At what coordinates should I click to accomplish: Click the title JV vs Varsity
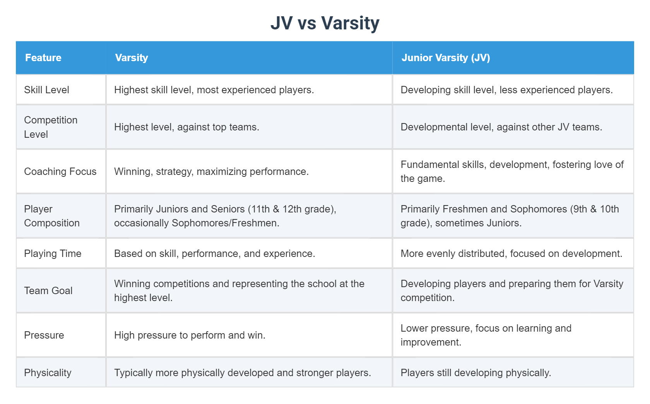(x=325, y=23)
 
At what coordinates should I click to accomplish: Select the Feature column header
(x=43, y=58)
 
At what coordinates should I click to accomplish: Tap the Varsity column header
(x=132, y=58)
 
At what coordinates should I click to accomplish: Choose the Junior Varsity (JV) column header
(x=446, y=58)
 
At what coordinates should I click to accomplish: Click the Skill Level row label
(x=46, y=90)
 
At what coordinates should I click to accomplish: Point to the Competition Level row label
(x=51, y=127)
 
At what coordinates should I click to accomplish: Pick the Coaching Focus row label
(x=60, y=171)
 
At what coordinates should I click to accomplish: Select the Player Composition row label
(x=52, y=216)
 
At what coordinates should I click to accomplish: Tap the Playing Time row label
(x=53, y=253)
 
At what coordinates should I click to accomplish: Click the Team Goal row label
(x=48, y=291)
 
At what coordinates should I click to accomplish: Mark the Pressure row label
(x=44, y=335)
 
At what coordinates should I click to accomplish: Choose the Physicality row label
(x=48, y=373)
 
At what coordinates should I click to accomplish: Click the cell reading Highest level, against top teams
(x=186, y=127)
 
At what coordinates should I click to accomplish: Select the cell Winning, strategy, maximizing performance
(x=211, y=171)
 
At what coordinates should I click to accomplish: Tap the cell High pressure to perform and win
(x=190, y=335)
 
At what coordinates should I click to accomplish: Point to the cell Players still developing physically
(x=476, y=373)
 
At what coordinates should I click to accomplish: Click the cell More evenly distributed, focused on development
(x=511, y=253)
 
